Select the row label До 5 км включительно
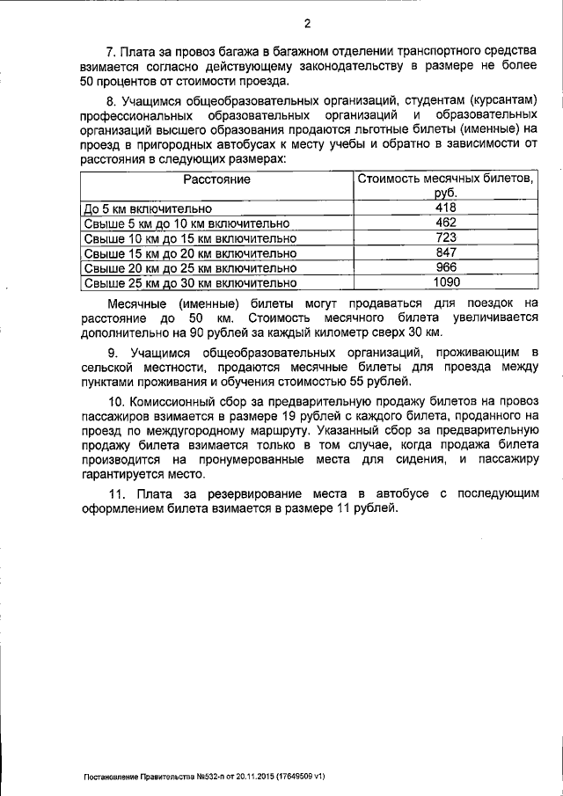pos(147,209)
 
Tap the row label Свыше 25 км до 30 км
pos(189,283)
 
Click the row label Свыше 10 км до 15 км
pos(189,239)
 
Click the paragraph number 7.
pos(109,54)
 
